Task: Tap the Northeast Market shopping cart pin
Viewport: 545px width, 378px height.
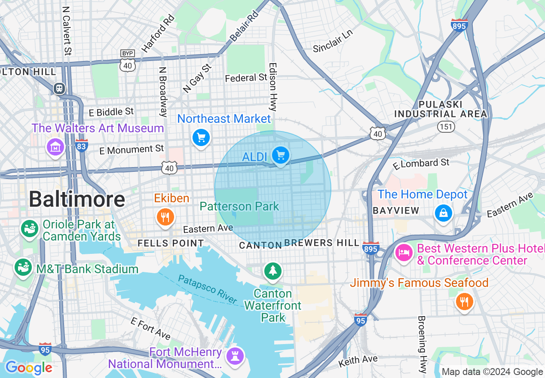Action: [201, 138]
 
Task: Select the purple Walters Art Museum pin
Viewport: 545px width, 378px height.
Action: [55, 148]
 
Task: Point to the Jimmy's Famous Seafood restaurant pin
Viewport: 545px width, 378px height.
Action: [464, 302]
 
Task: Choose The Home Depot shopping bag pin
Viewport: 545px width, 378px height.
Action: [443, 213]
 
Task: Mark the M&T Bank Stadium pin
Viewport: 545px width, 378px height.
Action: [24, 268]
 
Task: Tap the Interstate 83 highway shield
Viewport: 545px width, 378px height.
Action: [81, 146]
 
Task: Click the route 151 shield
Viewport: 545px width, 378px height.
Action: [446, 127]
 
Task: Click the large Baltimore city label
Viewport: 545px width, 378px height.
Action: [77, 199]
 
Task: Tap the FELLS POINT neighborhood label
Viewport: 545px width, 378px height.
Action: [171, 243]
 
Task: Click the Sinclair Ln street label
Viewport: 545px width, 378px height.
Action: [333, 42]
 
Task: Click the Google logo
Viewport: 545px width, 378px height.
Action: [29, 368]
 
